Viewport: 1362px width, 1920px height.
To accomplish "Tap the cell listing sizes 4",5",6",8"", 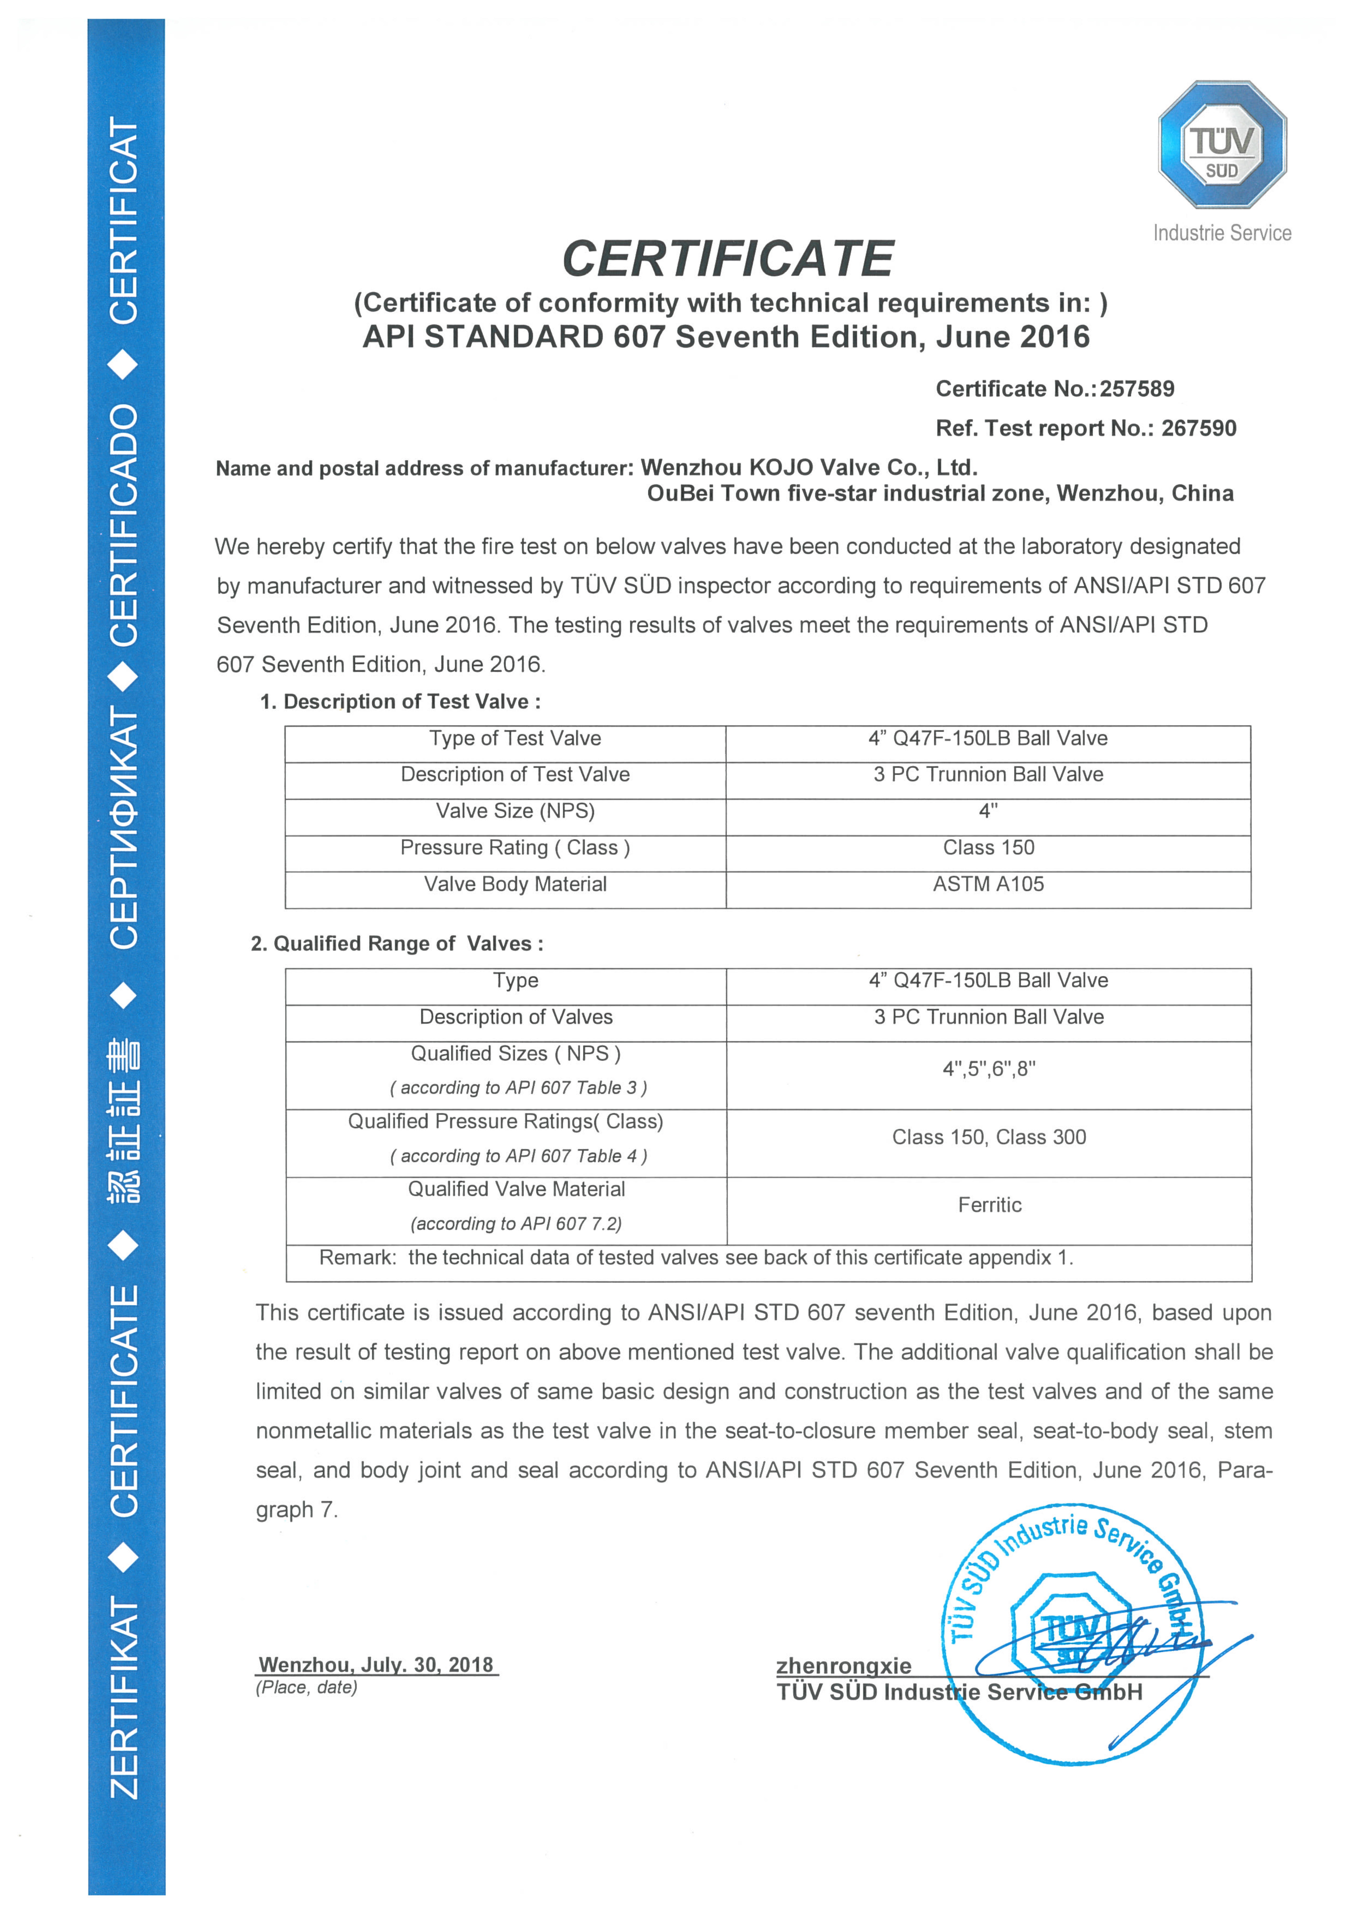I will coord(989,1069).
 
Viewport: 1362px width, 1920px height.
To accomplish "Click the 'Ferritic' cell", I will coord(990,1205).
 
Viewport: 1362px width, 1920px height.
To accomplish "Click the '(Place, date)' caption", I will coord(307,1688).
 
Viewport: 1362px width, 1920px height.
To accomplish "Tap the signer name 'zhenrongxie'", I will coord(843,1666).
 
